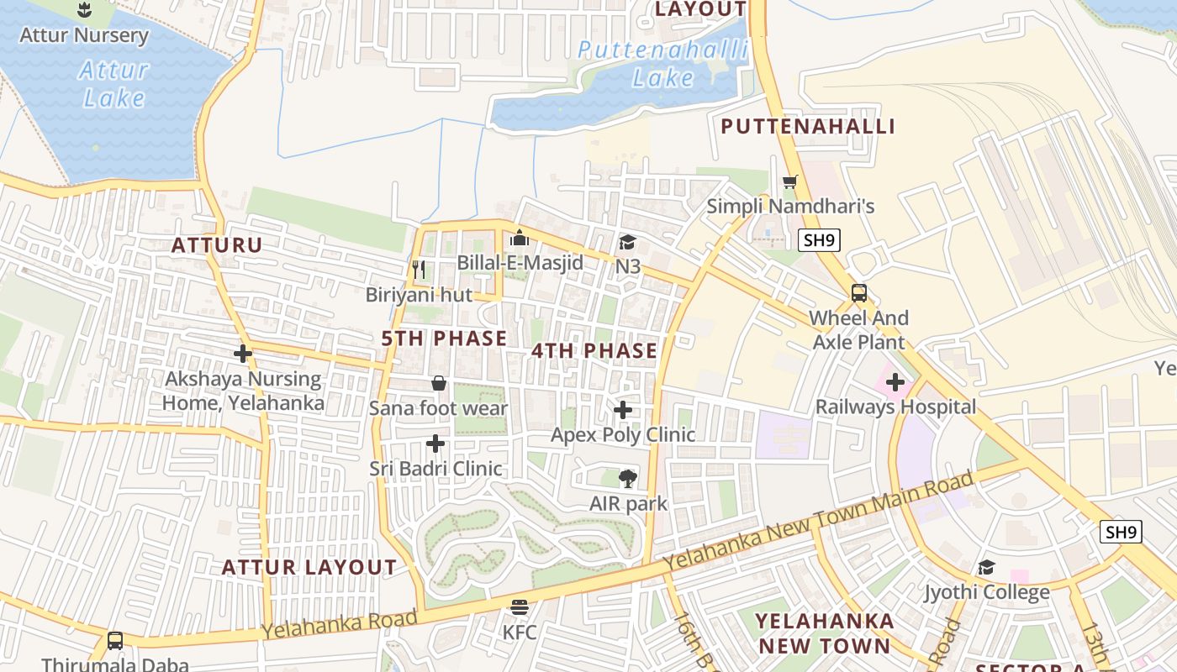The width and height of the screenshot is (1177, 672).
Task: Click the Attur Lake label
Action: pyautogui.click(x=114, y=84)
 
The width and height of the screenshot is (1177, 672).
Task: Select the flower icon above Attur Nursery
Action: pyautogui.click(x=84, y=11)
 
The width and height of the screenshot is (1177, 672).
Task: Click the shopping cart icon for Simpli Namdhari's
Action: pyautogui.click(x=789, y=181)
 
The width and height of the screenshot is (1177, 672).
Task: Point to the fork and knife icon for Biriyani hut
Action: pyautogui.click(x=418, y=270)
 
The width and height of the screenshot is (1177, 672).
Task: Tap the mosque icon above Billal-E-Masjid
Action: pyautogui.click(x=520, y=239)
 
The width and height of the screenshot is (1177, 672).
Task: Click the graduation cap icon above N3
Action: pyautogui.click(x=627, y=243)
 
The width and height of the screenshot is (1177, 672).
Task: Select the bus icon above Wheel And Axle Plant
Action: pyautogui.click(x=858, y=293)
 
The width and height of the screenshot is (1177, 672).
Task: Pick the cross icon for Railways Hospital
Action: pyautogui.click(x=895, y=383)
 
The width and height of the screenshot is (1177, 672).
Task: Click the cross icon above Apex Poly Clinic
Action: pyautogui.click(x=623, y=410)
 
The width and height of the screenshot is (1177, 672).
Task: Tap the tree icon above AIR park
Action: pyautogui.click(x=627, y=479)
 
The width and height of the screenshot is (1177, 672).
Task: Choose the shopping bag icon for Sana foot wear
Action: pyautogui.click(x=439, y=384)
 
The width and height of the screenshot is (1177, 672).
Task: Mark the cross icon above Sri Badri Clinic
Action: pyautogui.click(x=435, y=444)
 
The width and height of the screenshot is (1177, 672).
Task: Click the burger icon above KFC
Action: pyautogui.click(x=520, y=606)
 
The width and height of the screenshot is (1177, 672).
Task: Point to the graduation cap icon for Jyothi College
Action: pyautogui.click(x=986, y=568)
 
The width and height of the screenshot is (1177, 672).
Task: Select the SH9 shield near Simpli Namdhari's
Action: pyautogui.click(x=819, y=240)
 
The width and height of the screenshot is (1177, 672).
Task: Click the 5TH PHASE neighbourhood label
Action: pyautogui.click(x=444, y=339)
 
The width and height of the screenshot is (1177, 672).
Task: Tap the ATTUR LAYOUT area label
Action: pyautogui.click(x=309, y=567)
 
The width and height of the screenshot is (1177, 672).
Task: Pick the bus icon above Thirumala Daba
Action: pyautogui.click(x=115, y=640)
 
